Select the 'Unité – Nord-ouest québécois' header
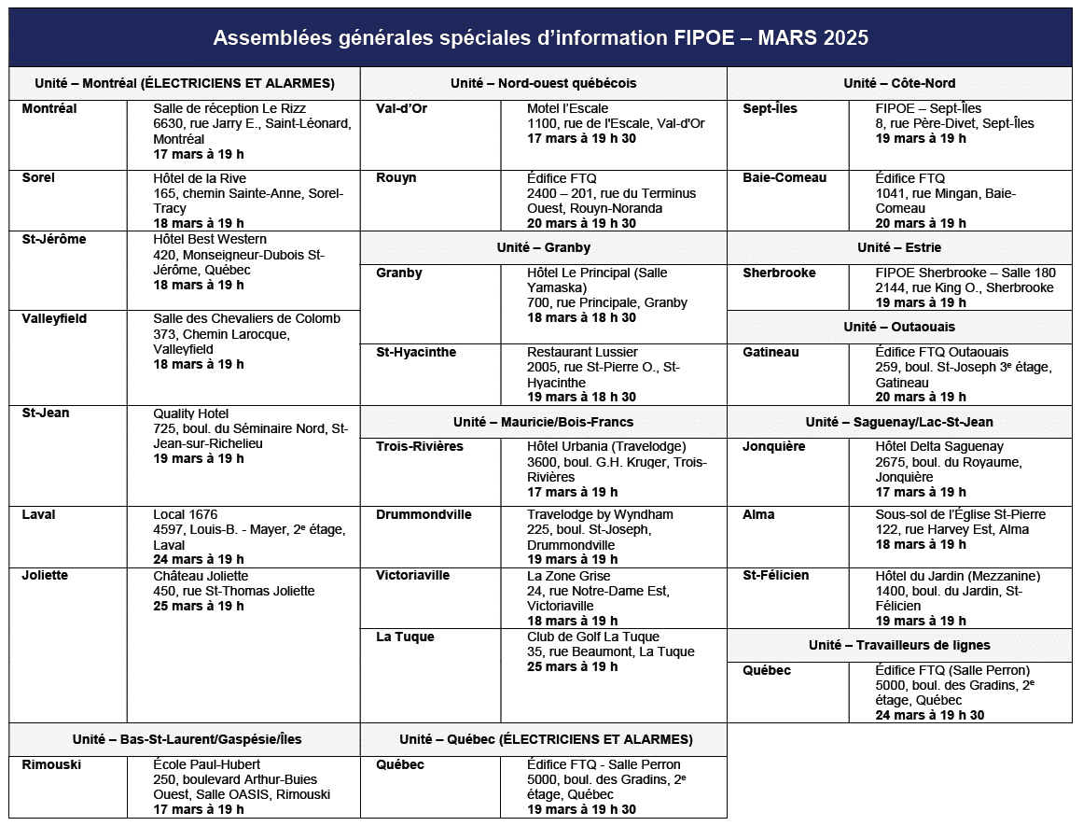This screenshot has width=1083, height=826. (x=543, y=83)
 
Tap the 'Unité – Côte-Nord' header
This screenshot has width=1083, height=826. (x=899, y=83)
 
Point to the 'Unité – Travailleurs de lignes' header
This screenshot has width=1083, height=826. (x=899, y=645)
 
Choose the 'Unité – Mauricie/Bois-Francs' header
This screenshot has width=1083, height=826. (x=543, y=422)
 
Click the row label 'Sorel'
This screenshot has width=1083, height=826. (x=38, y=177)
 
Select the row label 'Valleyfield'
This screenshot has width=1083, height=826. (x=54, y=318)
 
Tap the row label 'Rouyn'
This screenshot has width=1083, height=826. (x=396, y=177)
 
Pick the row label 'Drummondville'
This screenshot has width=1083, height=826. (x=423, y=514)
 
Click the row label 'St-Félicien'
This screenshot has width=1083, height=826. (x=776, y=575)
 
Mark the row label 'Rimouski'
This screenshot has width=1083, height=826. (x=51, y=764)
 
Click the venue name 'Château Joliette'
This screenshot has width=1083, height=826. (x=201, y=576)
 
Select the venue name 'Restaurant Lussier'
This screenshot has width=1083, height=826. (x=582, y=352)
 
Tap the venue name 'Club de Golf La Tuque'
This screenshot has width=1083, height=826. (x=592, y=637)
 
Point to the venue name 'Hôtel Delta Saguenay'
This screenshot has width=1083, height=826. (x=939, y=446)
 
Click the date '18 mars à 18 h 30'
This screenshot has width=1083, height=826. (x=581, y=317)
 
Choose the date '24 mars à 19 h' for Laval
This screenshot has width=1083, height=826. (x=199, y=559)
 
